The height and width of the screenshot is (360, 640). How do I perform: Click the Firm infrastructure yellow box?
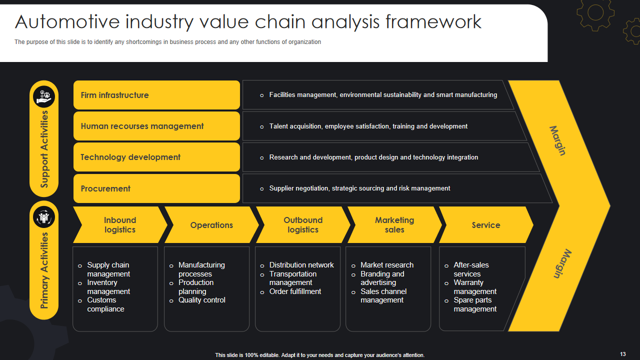pos(156,95)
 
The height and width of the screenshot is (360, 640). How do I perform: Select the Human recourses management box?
pos(156,126)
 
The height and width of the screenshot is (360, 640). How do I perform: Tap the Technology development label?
pos(130,157)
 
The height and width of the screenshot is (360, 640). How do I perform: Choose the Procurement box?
pos(156,188)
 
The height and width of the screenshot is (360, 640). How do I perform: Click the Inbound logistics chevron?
pos(120,225)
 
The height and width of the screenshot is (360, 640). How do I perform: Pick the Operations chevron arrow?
pos(211,225)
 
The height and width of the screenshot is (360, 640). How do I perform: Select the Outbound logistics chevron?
pos(303,225)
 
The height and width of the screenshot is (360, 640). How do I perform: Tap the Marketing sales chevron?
pos(394,225)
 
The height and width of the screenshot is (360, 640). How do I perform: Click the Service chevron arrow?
pos(485,225)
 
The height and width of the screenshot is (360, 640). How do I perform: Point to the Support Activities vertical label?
pos(44,149)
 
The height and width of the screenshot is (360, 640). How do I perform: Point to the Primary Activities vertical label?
pos(44,270)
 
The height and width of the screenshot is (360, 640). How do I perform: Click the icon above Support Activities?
pos(44,96)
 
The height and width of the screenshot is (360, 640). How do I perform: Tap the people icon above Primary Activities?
pos(44,217)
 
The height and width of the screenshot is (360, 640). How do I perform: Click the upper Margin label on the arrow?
pos(558,140)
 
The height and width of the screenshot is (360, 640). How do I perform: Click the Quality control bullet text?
pos(202,300)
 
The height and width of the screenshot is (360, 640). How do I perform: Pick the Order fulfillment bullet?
pos(295,291)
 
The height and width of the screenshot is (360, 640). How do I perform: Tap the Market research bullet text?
pos(387,265)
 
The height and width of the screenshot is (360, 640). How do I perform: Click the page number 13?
pos(622,354)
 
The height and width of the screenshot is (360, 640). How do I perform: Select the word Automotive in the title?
pos(67,22)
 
